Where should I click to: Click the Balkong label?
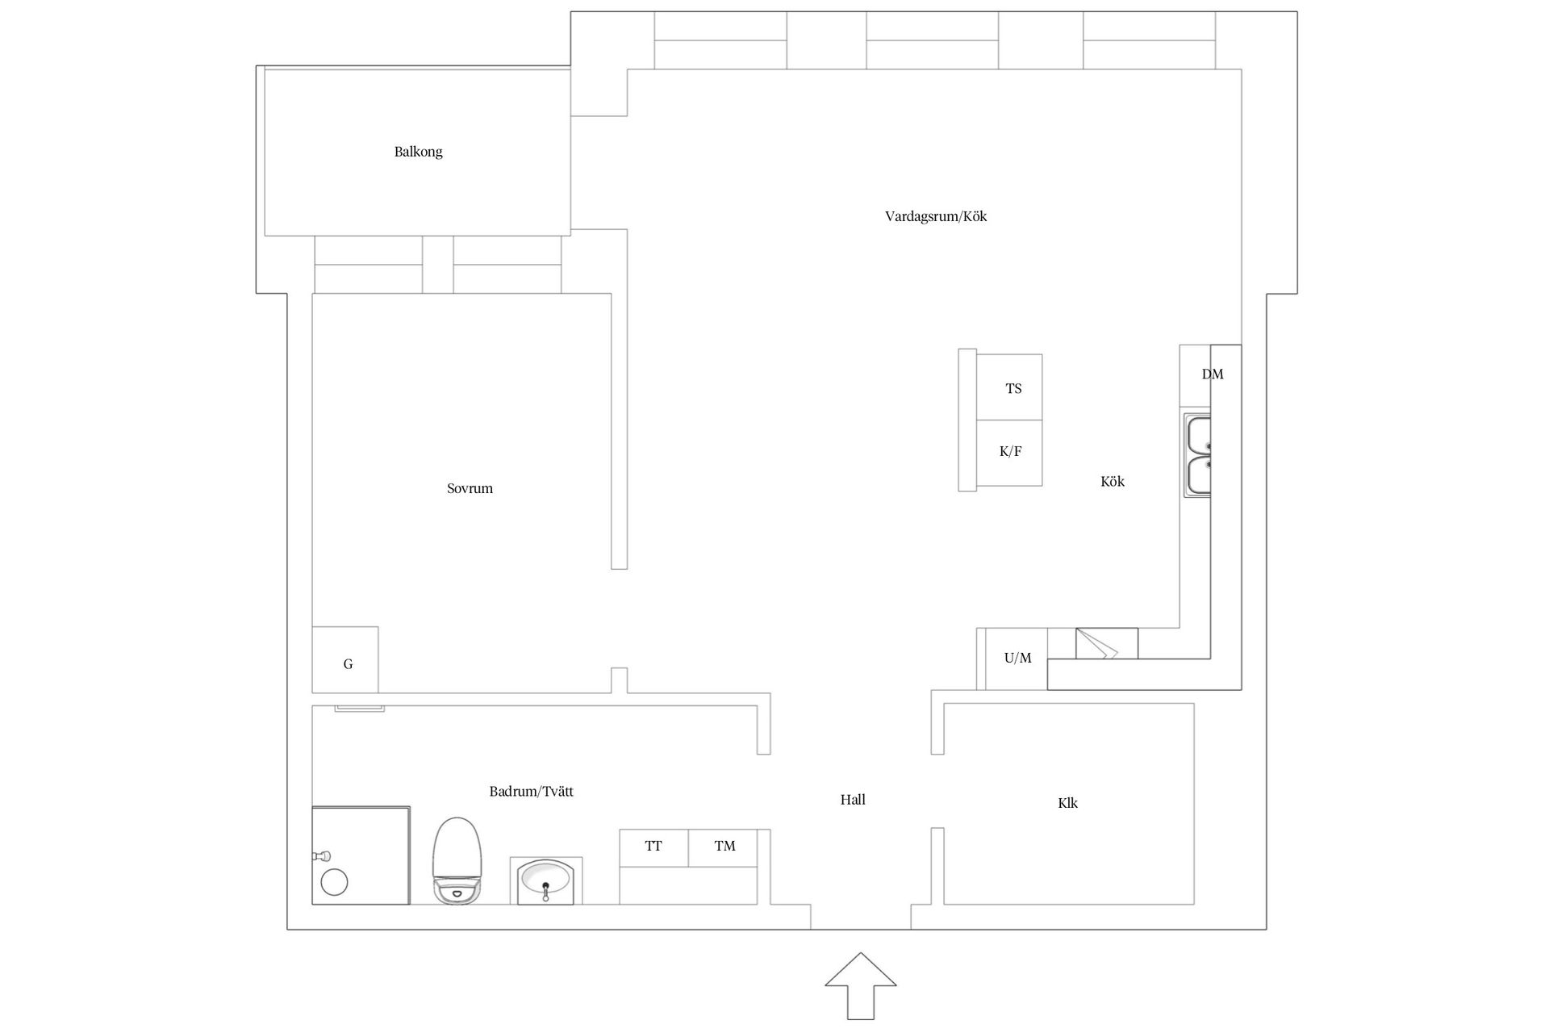click(x=418, y=152)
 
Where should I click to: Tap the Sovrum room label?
click(x=470, y=488)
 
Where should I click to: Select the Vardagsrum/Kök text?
click(x=935, y=216)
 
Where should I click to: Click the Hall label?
click(x=853, y=800)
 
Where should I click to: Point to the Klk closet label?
click(x=1067, y=803)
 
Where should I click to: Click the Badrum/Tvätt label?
click(x=531, y=792)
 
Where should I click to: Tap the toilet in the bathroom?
click(x=457, y=860)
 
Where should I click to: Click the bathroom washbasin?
click(x=545, y=880)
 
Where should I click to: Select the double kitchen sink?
click(x=1197, y=455)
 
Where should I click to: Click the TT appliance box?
click(x=653, y=847)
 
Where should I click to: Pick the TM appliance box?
click(x=724, y=847)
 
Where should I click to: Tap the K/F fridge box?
click(x=1009, y=452)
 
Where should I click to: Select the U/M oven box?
click(x=1017, y=659)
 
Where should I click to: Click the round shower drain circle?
click(x=334, y=882)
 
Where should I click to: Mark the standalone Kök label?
click(x=1112, y=482)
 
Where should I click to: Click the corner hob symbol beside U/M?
click(x=1106, y=644)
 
